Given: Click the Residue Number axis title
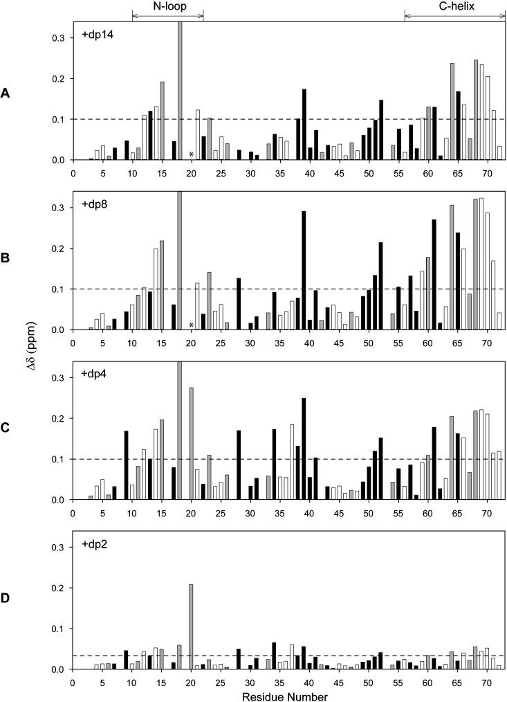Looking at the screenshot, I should tap(288, 695).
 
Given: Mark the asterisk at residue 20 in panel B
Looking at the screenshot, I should tap(191, 325).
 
